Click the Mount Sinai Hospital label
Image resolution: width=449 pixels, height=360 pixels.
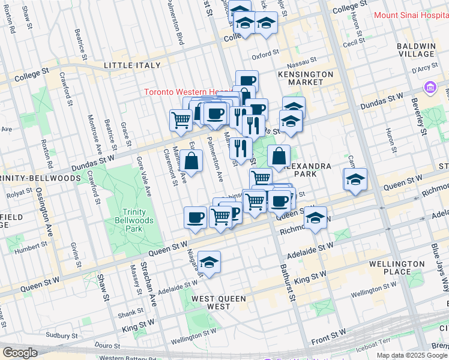411,16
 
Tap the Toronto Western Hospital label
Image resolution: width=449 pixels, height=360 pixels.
186,92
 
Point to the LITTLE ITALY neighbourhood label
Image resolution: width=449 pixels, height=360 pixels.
132,65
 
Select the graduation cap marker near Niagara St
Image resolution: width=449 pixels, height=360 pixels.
209,262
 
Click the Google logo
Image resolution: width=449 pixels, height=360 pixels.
19,353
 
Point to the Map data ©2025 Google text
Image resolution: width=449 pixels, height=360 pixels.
412,355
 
